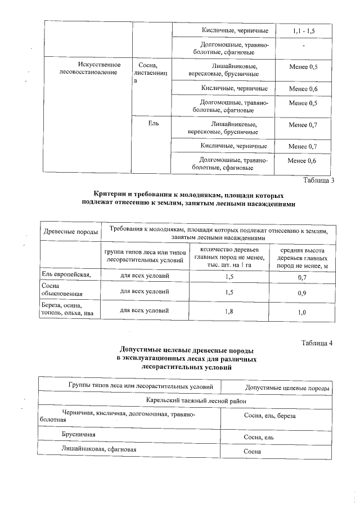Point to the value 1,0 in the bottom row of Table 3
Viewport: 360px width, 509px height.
[301, 311]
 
